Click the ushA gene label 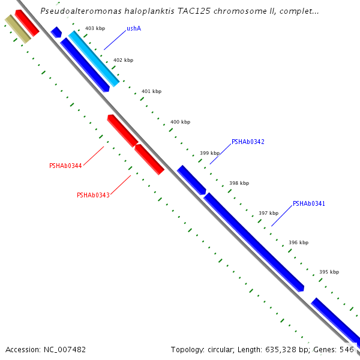point(134,28)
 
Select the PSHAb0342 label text point(248,142)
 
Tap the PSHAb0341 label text point(309,204)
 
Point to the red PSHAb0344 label point(65,166)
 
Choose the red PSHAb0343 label point(93,195)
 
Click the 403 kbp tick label point(95,28)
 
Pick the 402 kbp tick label point(123,60)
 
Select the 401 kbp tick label point(151,91)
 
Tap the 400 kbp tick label point(180,122)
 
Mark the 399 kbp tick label point(209,153)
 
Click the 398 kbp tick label point(239,183)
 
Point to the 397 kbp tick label point(268,213)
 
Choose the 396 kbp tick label point(298,242)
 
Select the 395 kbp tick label point(329,272)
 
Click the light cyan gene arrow point(93,58)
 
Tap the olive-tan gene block point(17,29)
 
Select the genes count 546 point(347,349)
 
